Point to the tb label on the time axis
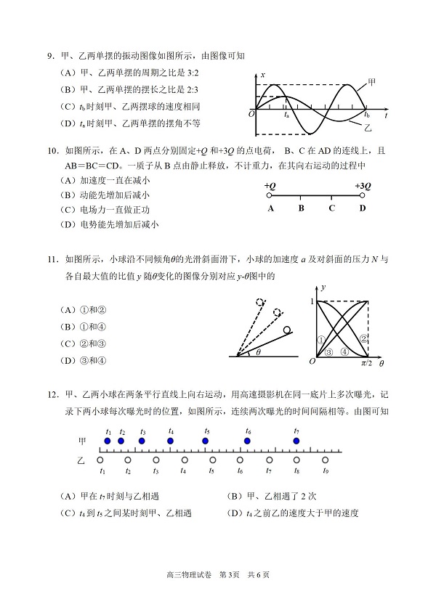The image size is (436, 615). click(x=367, y=115)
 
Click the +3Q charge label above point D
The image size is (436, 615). click(x=363, y=186)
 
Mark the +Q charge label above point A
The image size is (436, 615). click(x=270, y=186)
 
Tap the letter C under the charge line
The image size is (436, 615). click(x=331, y=209)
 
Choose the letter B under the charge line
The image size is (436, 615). click(x=301, y=209)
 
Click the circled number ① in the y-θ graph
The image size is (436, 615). click(x=321, y=339)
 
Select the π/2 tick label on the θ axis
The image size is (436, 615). click(x=367, y=363)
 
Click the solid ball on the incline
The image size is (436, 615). click(x=288, y=330)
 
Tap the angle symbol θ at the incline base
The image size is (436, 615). click(x=257, y=352)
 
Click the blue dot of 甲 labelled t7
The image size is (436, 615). click(x=296, y=441)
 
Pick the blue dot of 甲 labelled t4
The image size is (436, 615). click(x=171, y=441)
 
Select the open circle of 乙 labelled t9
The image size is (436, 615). click(x=325, y=460)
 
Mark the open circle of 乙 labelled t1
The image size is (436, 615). click(x=101, y=460)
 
